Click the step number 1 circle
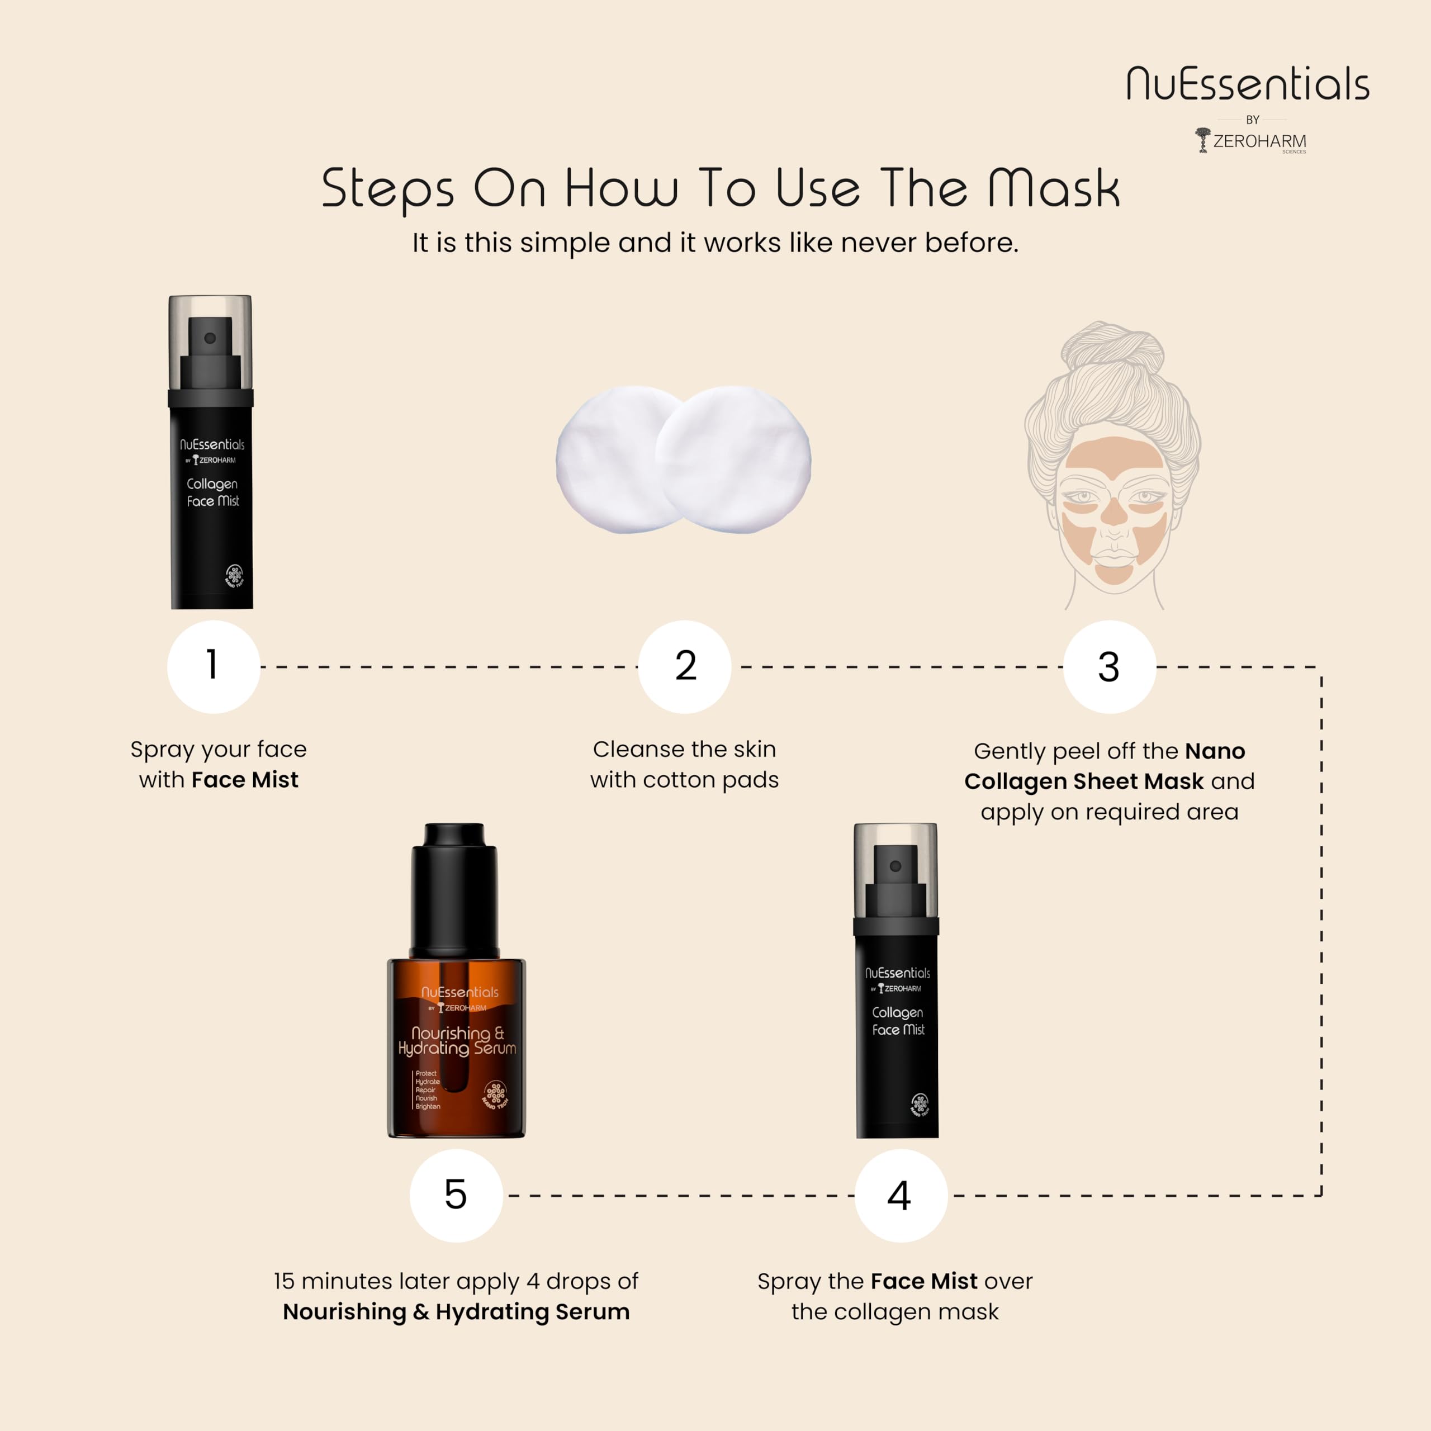214,667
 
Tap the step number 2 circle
684,667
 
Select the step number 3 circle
1110,667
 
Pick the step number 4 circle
901,1196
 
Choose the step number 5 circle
456,1196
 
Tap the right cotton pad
733,459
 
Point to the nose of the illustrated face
1114,511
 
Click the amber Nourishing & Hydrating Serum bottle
456,1046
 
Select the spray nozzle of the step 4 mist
895,880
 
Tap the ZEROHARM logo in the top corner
1251,141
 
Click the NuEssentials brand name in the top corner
1248,84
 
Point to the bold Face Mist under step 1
244,779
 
